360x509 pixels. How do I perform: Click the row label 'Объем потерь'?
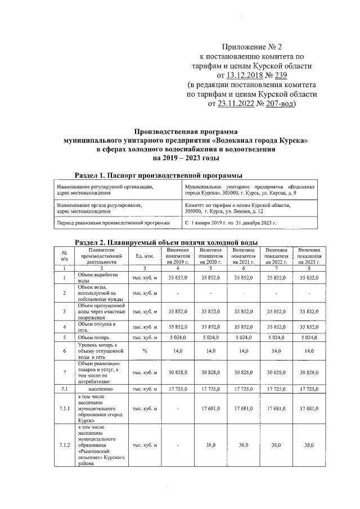pyautogui.click(x=93, y=337)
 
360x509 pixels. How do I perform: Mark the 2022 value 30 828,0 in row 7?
pyautogui.click(x=276, y=372)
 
